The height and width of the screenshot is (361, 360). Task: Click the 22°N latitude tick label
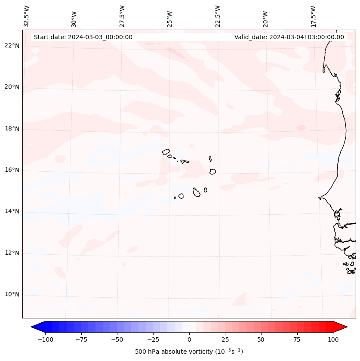[x=12, y=46]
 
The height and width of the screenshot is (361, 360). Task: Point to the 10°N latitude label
[x=12, y=295]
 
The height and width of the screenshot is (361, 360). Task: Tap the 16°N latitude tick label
[x=12, y=170]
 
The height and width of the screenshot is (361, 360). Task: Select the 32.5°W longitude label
[x=26, y=16]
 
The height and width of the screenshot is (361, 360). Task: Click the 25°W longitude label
[x=170, y=18]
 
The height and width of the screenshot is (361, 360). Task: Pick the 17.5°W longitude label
[x=313, y=16]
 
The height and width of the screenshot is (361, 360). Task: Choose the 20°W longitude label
[x=265, y=18]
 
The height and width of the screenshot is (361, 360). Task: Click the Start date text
[x=83, y=37]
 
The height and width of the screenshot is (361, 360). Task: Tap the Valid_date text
[x=289, y=37]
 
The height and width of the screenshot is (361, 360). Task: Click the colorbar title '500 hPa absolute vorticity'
[x=189, y=352]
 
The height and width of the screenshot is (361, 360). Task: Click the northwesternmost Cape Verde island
[x=166, y=152]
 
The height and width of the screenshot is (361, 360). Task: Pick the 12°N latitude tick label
[x=12, y=253]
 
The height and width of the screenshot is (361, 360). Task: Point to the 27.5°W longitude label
[x=122, y=16]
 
